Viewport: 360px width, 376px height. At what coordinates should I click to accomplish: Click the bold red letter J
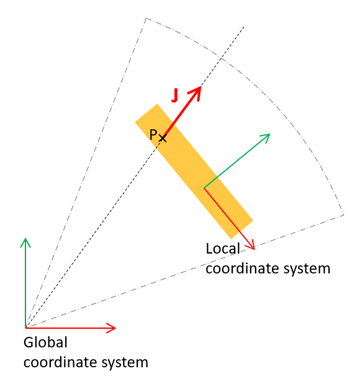pos(175,96)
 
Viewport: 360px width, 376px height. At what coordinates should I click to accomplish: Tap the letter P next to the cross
pos(153,134)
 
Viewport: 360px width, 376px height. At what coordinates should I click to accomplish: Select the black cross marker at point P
pos(163,139)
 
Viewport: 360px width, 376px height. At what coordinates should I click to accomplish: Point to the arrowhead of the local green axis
pos(266,137)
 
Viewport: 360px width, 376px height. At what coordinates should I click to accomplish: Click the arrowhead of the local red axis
pos(251,245)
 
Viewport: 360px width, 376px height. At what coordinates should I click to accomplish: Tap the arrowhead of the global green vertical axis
pos(25,242)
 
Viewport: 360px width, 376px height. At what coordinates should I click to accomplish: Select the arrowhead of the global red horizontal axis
pos(111,328)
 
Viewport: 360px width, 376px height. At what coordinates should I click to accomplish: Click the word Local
pos(223,249)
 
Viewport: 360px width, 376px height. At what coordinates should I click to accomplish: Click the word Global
pos(45,342)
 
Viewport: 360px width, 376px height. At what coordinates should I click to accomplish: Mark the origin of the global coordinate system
pos(25,328)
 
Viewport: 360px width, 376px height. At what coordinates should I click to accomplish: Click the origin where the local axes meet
pos(204,188)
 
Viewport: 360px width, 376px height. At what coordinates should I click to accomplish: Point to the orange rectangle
pos(194,171)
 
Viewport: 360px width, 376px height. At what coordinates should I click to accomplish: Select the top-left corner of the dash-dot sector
pos(146,18)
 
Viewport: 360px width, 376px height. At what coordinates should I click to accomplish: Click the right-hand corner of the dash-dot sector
pos(344,215)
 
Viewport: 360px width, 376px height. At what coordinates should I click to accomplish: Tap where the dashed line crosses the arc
pos(221,58)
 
